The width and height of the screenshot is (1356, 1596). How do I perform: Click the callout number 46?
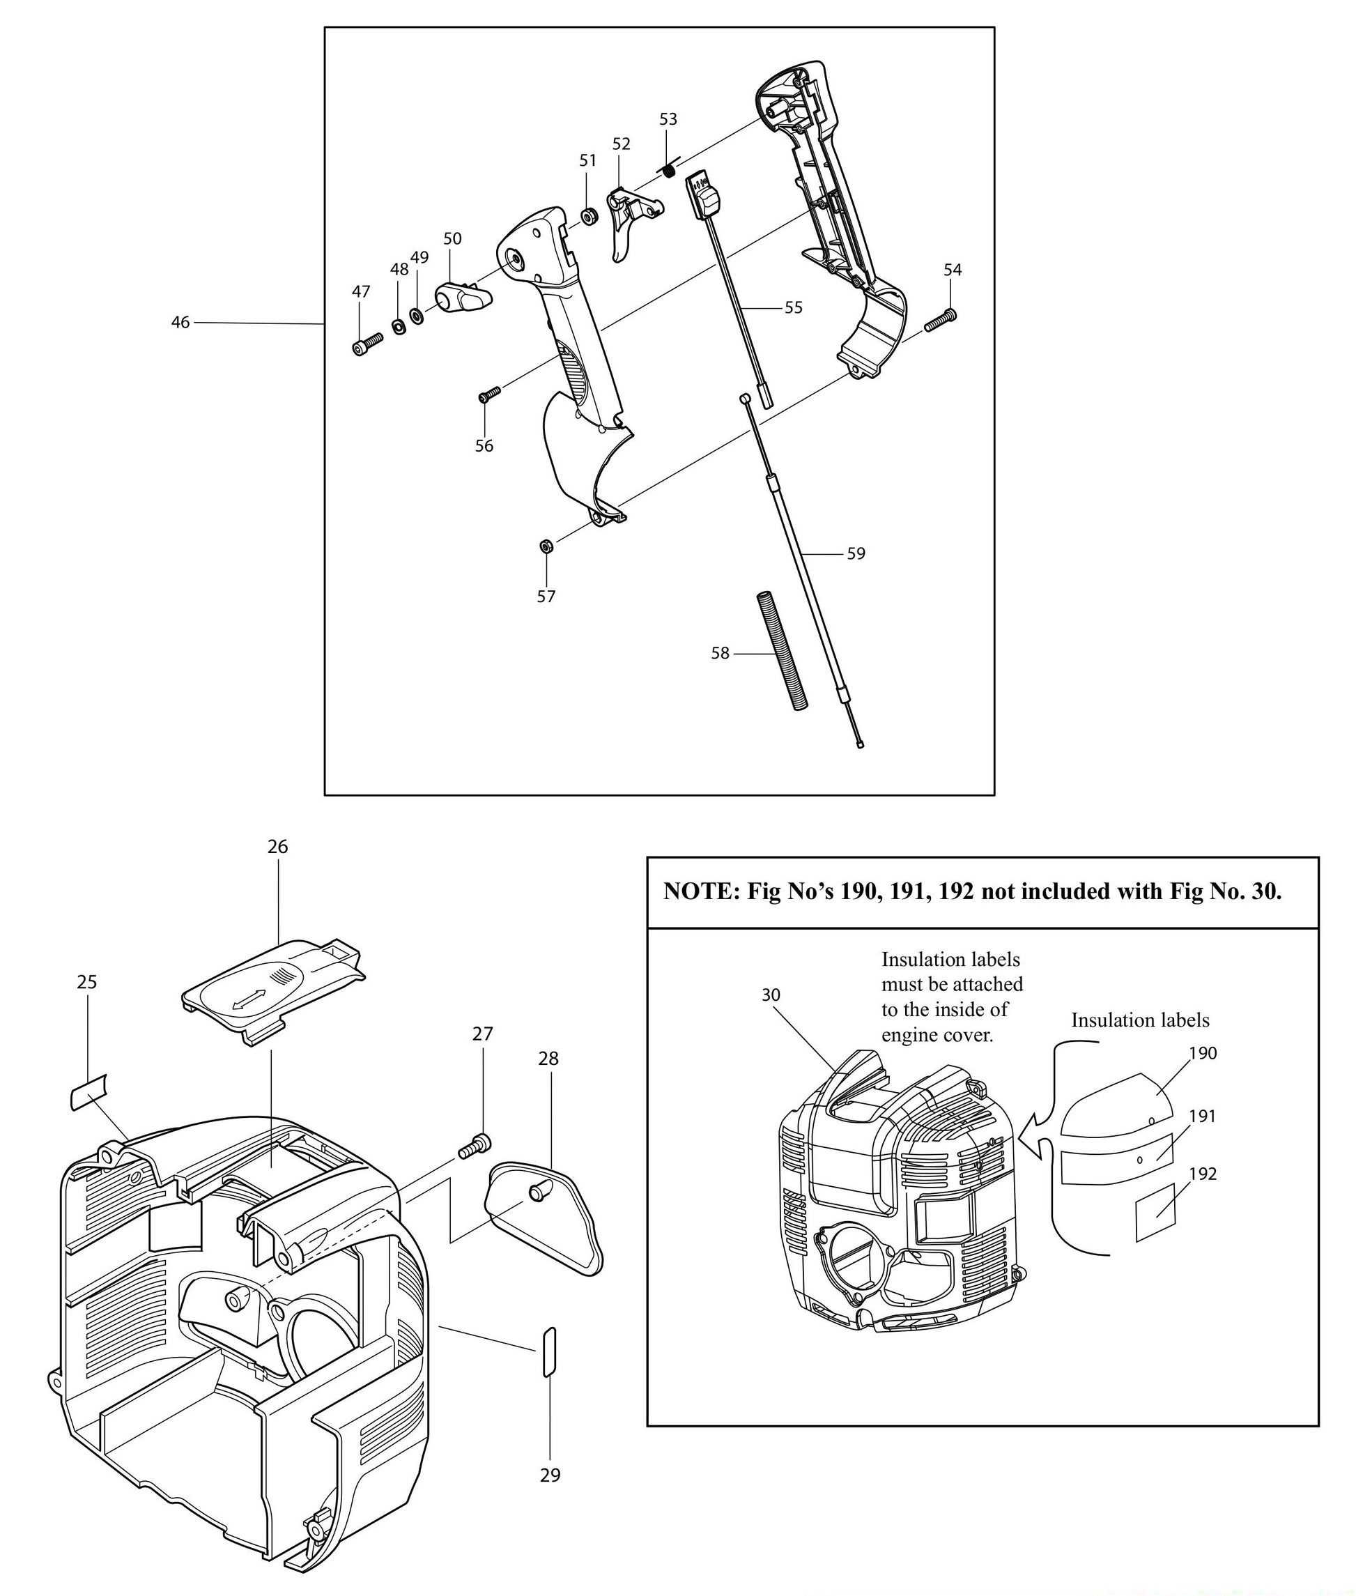click(x=180, y=323)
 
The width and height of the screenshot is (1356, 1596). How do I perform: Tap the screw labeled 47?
click(x=368, y=343)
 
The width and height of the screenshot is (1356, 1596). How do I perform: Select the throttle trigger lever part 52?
click(x=631, y=223)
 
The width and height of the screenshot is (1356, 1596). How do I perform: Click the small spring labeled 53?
click(x=670, y=169)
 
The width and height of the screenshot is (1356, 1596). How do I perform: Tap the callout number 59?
click(x=856, y=553)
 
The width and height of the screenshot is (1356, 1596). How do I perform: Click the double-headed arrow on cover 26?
click(x=248, y=999)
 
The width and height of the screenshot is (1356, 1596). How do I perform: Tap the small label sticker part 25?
click(x=89, y=1091)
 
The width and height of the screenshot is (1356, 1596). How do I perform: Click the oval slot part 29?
click(x=549, y=1351)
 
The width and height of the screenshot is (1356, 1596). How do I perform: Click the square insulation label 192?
click(x=1155, y=1213)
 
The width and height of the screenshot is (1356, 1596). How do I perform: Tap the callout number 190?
click(x=1203, y=1053)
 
